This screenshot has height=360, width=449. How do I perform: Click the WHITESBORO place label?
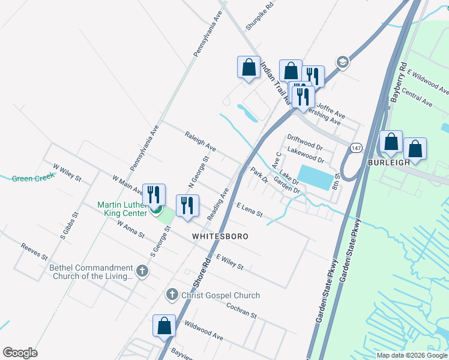pos(220,236)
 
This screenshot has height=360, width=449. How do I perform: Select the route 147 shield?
pos(357,148)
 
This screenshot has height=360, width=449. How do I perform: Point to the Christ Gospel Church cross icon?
pos(172,295)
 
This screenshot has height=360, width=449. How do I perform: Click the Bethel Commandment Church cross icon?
pos(142,272)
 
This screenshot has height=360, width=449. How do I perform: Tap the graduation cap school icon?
pos(342,62)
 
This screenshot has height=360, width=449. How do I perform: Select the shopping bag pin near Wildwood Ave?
pos(164,326)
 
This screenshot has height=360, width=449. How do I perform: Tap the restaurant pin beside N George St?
pos(187,206)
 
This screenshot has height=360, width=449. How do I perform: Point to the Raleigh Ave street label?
pos(200,142)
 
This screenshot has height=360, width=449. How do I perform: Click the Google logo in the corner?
pos(20,353)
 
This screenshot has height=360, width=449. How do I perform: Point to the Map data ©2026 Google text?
pos(411,355)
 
